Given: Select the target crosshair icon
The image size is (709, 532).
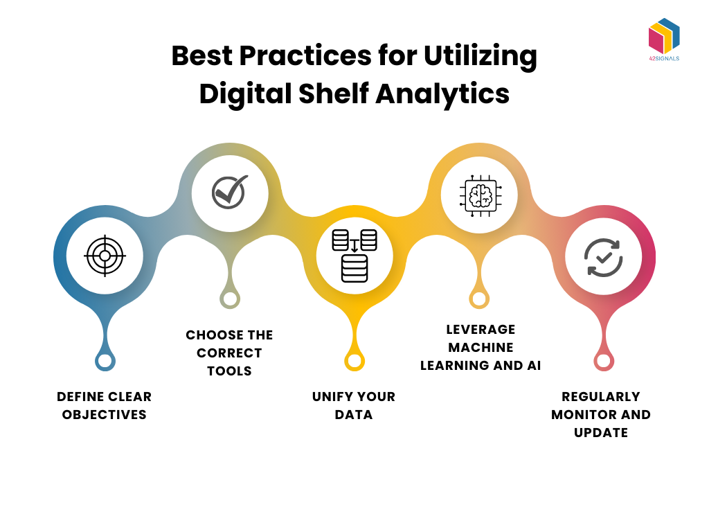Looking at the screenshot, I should [105, 256].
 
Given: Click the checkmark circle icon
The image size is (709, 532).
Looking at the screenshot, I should [230, 191].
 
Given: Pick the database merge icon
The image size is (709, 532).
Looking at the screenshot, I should [354, 256].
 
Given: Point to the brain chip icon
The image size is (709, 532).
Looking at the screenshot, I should [479, 193].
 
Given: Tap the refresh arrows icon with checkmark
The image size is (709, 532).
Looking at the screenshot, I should [603, 257].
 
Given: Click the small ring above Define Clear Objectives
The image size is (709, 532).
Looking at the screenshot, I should [105, 361].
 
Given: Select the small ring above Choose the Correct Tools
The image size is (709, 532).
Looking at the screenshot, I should [230, 299].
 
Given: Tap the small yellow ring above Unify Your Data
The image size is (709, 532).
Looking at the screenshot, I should [354, 361].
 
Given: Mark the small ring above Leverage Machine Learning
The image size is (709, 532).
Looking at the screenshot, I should [479, 299].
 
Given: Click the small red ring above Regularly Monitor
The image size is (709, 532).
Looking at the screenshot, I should [603, 361].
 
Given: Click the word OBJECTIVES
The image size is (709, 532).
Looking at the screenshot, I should [105, 415].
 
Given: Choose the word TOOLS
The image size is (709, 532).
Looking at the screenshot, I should [230, 371].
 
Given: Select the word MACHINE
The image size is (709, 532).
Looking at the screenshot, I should [481, 347].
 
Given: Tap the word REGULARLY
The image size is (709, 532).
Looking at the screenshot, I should [601, 397].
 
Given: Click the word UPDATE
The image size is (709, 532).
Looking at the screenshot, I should [601, 433].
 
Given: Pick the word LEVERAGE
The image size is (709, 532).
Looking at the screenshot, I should [481, 329].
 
